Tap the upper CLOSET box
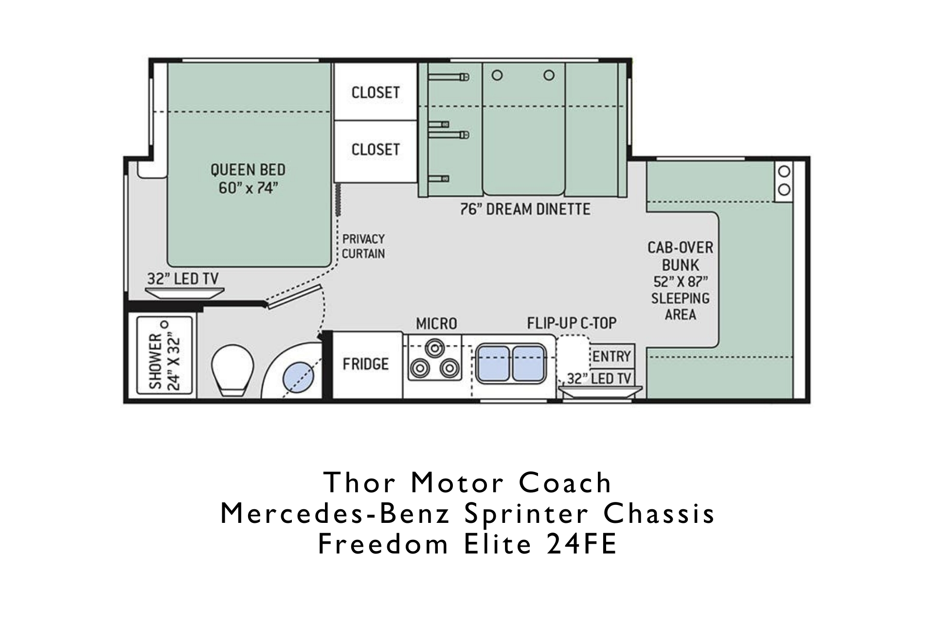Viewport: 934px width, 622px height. click(x=376, y=92)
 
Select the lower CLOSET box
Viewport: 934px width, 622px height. click(x=376, y=150)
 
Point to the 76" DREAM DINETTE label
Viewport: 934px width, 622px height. click(x=525, y=209)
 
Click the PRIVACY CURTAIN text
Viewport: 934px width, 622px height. click(x=363, y=246)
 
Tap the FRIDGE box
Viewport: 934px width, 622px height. click(x=366, y=363)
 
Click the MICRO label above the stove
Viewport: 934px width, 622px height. click(x=436, y=323)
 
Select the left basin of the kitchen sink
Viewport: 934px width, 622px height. click(x=493, y=363)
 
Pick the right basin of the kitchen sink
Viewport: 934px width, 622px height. click(x=528, y=363)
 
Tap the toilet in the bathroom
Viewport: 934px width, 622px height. click(x=233, y=370)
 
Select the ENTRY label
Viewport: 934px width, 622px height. click(x=611, y=356)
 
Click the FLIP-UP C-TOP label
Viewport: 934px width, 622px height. click(x=572, y=323)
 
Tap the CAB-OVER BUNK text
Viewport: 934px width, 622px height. click(x=680, y=256)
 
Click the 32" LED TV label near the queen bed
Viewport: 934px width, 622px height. click(x=183, y=279)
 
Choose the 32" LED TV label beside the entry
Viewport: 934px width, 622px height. click(x=599, y=379)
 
